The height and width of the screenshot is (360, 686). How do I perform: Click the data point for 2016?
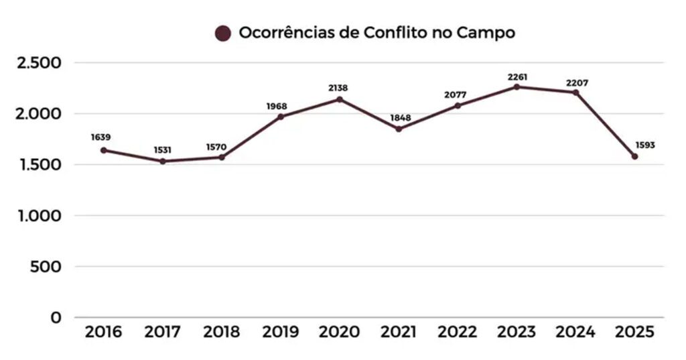tap(103, 150)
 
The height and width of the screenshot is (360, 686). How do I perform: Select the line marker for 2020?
tap(339, 99)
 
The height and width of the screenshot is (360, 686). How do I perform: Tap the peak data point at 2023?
tap(517, 86)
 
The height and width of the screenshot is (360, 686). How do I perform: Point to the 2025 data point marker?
tap(634, 156)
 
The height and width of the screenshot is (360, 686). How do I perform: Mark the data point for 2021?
tap(398, 129)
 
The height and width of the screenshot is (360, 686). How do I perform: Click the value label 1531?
tap(162, 149)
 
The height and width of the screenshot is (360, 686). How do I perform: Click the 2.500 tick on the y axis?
tap(40, 63)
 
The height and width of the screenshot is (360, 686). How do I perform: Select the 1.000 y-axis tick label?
tap(40, 216)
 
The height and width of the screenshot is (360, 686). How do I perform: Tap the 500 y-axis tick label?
tap(46, 267)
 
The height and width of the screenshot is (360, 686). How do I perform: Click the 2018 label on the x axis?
tap(221, 332)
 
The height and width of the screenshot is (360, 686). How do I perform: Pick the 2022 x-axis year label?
tap(458, 332)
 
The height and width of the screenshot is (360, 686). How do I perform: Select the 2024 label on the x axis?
tap(575, 332)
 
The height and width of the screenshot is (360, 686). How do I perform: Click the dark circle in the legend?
tap(223, 33)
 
